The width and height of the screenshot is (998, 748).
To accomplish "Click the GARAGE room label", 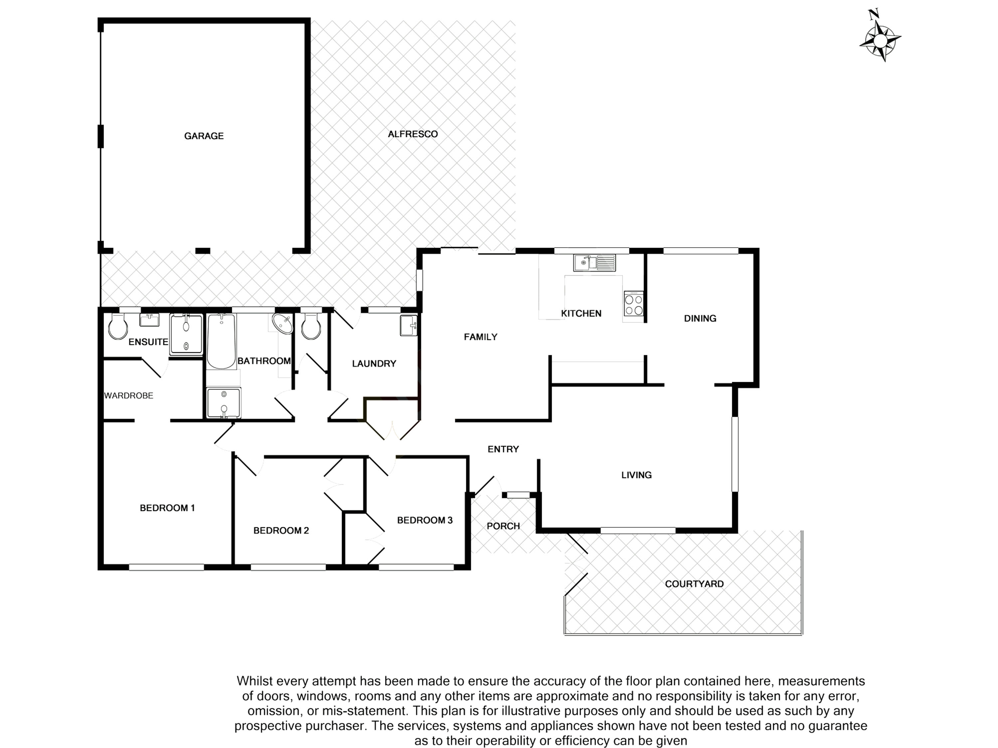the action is pyautogui.click(x=204, y=136).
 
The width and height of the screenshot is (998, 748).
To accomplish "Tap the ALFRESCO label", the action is pyautogui.click(x=413, y=134).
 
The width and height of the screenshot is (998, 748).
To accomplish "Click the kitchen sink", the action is pyautogui.click(x=594, y=263).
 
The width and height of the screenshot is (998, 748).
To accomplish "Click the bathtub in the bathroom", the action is pyautogui.click(x=221, y=341).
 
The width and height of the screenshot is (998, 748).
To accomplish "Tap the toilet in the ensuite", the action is pyautogui.click(x=118, y=326).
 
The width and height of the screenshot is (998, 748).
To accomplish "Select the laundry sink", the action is pyautogui.click(x=408, y=325).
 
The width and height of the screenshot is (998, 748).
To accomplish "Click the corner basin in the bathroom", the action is pyautogui.click(x=283, y=324).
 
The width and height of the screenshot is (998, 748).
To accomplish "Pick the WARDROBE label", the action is pyautogui.click(x=129, y=395).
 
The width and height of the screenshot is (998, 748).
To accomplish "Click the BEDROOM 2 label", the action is pyautogui.click(x=281, y=530).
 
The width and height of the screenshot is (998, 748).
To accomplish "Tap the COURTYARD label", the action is pyautogui.click(x=694, y=584).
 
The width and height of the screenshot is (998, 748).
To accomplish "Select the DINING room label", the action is pyautogui.click(x=700, y=318).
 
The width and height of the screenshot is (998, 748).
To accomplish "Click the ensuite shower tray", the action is pyautogui.click(x=186, y=334).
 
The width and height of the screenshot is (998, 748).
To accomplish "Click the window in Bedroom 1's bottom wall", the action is pyautogui.click(x=166, y=567).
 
